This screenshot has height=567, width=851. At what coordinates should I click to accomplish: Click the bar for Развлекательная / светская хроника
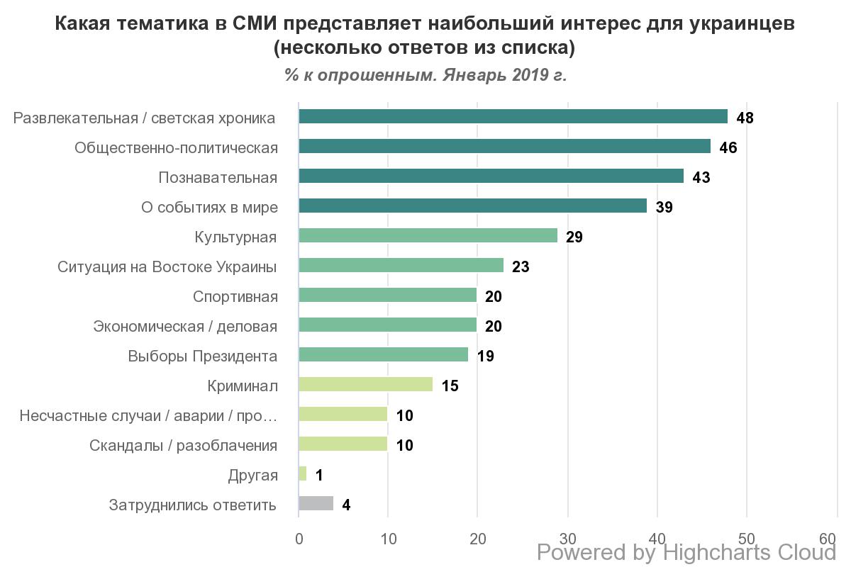click(513, 117)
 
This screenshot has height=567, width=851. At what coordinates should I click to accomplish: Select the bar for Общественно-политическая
click(504, 147)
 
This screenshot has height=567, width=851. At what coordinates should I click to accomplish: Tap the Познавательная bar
click(491, 176)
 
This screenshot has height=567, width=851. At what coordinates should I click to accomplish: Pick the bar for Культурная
click(428, 236)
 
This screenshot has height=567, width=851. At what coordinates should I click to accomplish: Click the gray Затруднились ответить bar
click(316, 504)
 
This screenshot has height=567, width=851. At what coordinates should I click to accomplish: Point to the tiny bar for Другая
click(303, 474)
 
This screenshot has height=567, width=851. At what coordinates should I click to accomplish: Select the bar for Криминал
click(365, 385)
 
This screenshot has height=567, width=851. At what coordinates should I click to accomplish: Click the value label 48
click(745, 118)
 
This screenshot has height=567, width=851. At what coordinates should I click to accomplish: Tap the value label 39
click(664, 207)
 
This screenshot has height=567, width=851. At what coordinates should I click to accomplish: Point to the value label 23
click(521, 266)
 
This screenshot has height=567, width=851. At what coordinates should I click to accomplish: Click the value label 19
click(485, 356)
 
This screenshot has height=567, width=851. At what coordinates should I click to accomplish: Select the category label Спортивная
click(235, 296)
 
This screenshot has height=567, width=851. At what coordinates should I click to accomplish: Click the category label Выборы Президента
click(202, 356)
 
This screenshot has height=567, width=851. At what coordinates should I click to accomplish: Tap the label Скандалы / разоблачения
click(183, 445)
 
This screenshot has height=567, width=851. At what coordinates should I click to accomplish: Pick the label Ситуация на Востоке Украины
click(167, 266)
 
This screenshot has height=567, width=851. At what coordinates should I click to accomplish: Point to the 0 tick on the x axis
click(299, 539)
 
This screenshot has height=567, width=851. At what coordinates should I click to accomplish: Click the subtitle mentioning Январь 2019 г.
click(425, 75)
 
